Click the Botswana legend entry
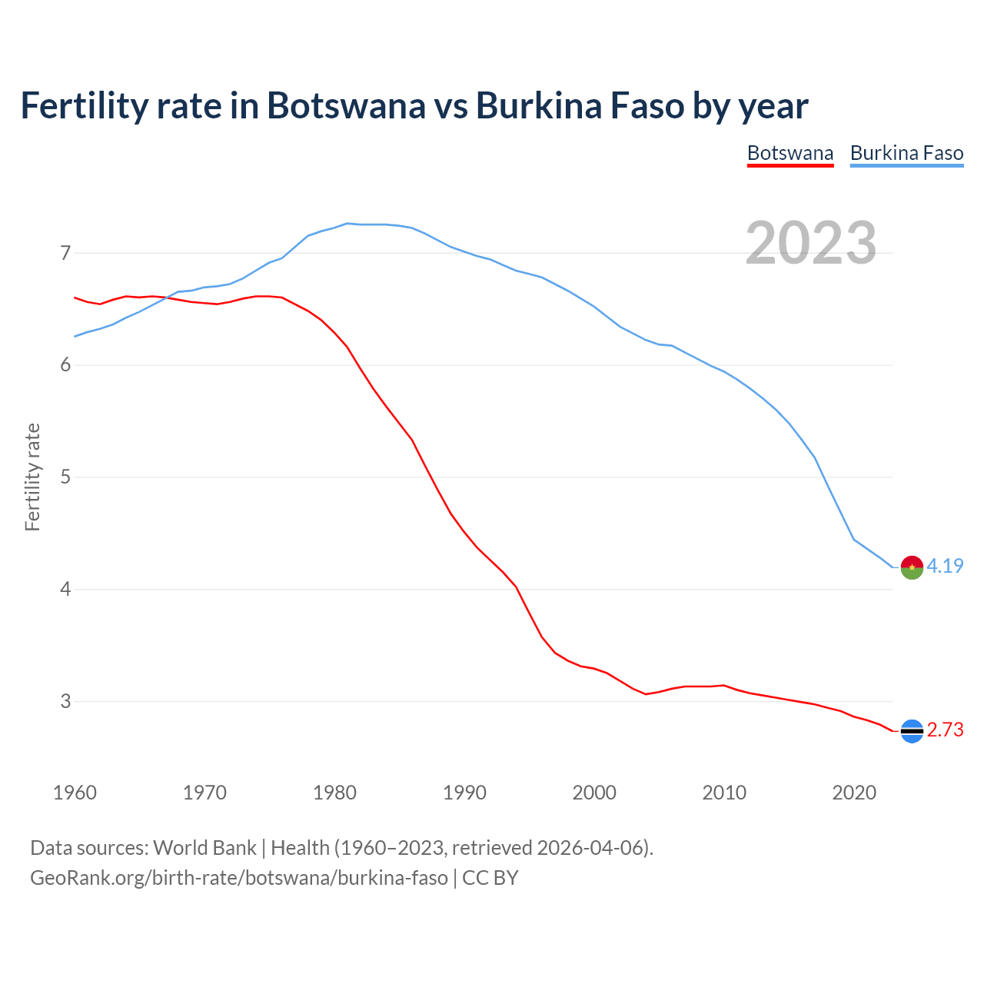[x=790, y=153]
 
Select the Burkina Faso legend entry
[x=906, y=153]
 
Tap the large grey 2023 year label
[x=811, y=243]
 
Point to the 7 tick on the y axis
[x=65, y=253]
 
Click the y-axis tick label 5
[x=65, y=477]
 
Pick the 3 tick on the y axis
[x=65, y=701]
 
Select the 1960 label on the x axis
[x=75, y=793]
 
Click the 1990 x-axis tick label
[x=464, y=793]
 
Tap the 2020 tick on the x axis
[x=854, y=793]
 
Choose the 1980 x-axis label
[x=334, y=793]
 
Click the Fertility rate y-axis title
[x=32, y=477]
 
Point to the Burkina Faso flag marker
[x=912, y=567]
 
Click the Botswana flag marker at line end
[x=912, y=731]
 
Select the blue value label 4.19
[x=945, y=567]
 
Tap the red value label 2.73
[x=945, y=730]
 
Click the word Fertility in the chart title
[x=82, y=105]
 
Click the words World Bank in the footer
[x=204, y=848]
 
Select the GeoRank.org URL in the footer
[x=238, y=878]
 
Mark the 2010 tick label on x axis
[x=724, y=793]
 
